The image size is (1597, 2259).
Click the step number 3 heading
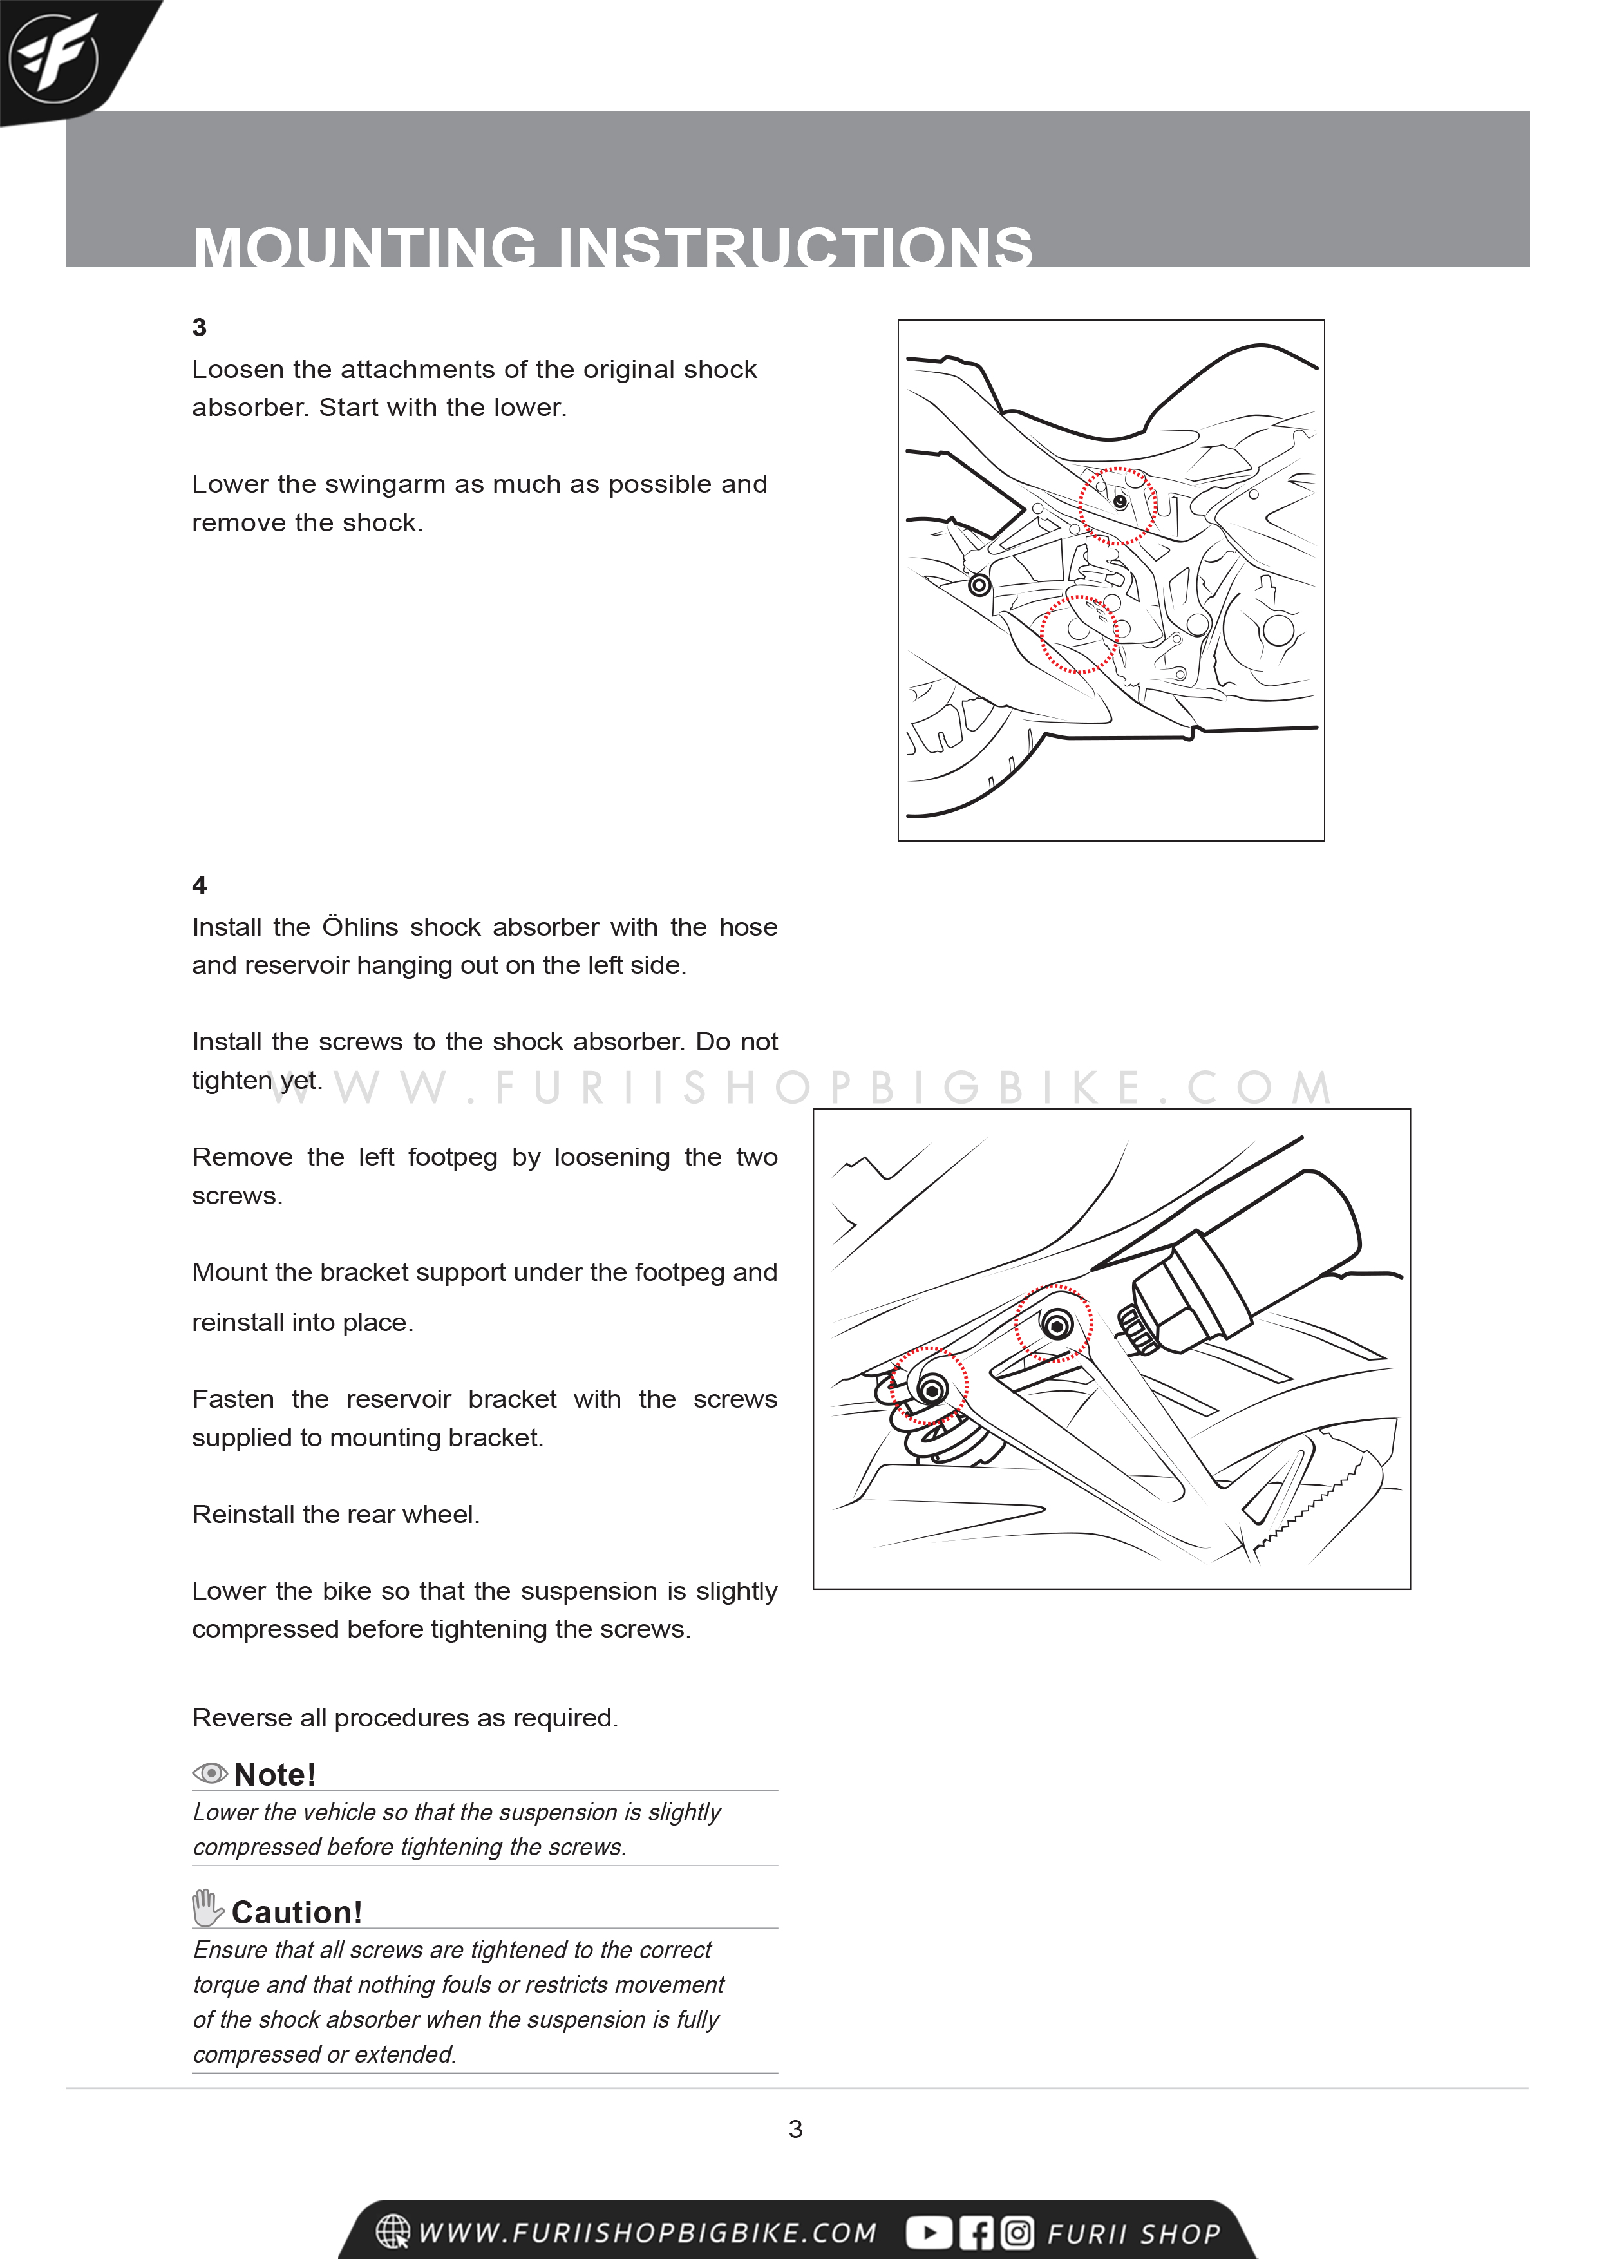200,328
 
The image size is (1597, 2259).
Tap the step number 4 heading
200,885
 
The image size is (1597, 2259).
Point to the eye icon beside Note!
209,1773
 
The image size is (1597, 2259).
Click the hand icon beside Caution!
207,1909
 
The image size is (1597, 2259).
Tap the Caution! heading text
297,1913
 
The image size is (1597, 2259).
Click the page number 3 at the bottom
795,2129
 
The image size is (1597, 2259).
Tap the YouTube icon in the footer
928,2233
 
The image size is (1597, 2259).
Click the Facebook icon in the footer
976,2233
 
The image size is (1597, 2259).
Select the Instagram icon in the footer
1017,2233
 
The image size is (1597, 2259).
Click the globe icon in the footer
393,2231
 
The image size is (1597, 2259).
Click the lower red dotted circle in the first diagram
1079,634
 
